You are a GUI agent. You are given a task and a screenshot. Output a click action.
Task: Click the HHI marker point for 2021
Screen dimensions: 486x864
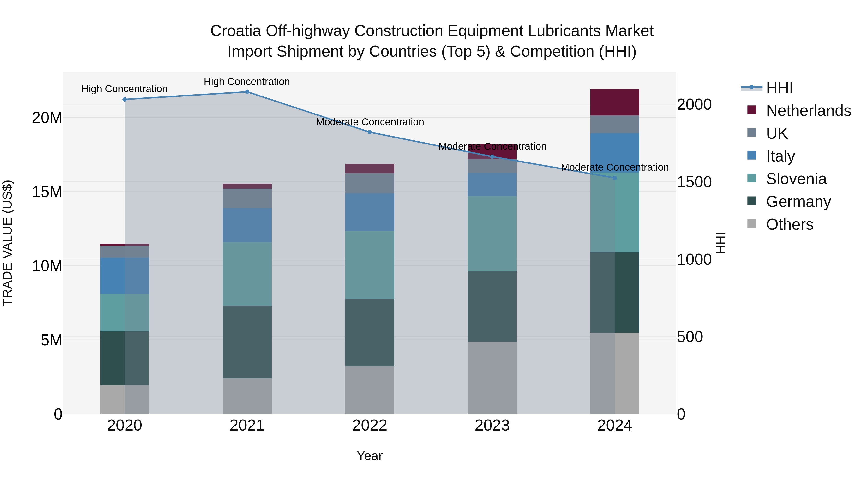point(247,92)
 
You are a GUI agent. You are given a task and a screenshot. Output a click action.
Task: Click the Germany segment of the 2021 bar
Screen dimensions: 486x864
point(247,342)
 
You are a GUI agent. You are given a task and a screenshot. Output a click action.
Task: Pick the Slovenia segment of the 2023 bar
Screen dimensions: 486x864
point(492,234)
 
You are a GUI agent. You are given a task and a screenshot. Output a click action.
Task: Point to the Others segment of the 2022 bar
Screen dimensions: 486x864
point(370,390)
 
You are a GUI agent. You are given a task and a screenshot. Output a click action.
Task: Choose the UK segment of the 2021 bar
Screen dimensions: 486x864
point(247,198)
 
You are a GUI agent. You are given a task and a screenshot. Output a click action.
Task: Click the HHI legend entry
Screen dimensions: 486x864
point(779,88)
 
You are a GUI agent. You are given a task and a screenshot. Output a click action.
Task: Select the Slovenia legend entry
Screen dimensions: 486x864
point(796,179)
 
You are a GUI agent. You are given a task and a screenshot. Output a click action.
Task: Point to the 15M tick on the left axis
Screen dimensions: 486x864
point(47,192)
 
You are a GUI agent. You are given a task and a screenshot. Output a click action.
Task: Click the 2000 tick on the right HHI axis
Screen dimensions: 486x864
point(694,104)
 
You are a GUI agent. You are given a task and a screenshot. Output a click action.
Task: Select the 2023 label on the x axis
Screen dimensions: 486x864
point(492,426)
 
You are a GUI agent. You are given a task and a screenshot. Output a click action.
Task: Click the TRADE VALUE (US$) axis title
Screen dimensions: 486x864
point(7,243)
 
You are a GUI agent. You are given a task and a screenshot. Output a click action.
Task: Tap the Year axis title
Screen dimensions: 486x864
point(370,456)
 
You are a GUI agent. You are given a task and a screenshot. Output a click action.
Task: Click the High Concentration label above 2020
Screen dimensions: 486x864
point(124,89)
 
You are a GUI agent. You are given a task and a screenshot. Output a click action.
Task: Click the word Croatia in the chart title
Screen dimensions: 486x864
point(235,31)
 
